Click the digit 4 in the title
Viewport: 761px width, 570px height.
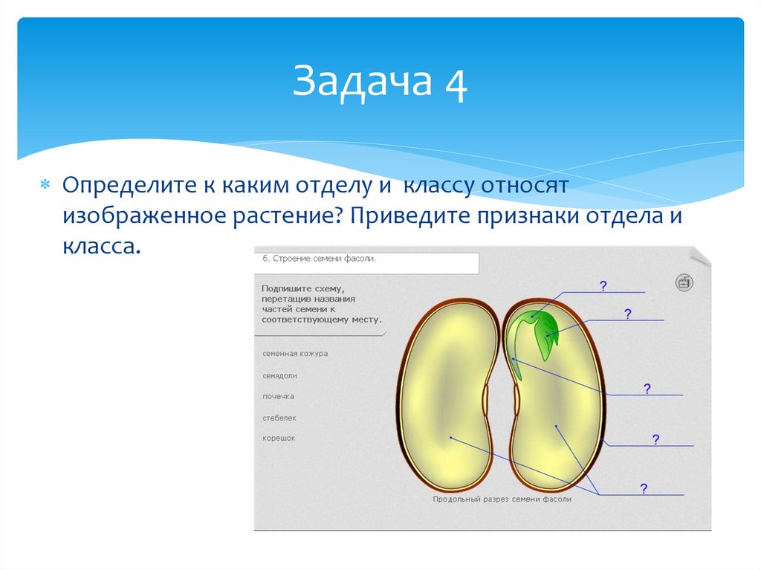456,82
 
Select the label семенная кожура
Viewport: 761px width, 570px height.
294,354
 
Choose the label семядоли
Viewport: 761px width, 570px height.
279,376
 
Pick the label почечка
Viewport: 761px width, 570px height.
278,397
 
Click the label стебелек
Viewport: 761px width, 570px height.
279,418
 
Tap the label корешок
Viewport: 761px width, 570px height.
279,438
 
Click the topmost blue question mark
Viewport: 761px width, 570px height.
603,285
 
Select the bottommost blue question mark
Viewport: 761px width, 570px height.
644,488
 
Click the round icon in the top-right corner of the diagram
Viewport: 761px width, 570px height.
684,282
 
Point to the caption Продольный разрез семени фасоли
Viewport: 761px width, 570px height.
502,499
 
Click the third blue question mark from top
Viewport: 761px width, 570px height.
647,389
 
